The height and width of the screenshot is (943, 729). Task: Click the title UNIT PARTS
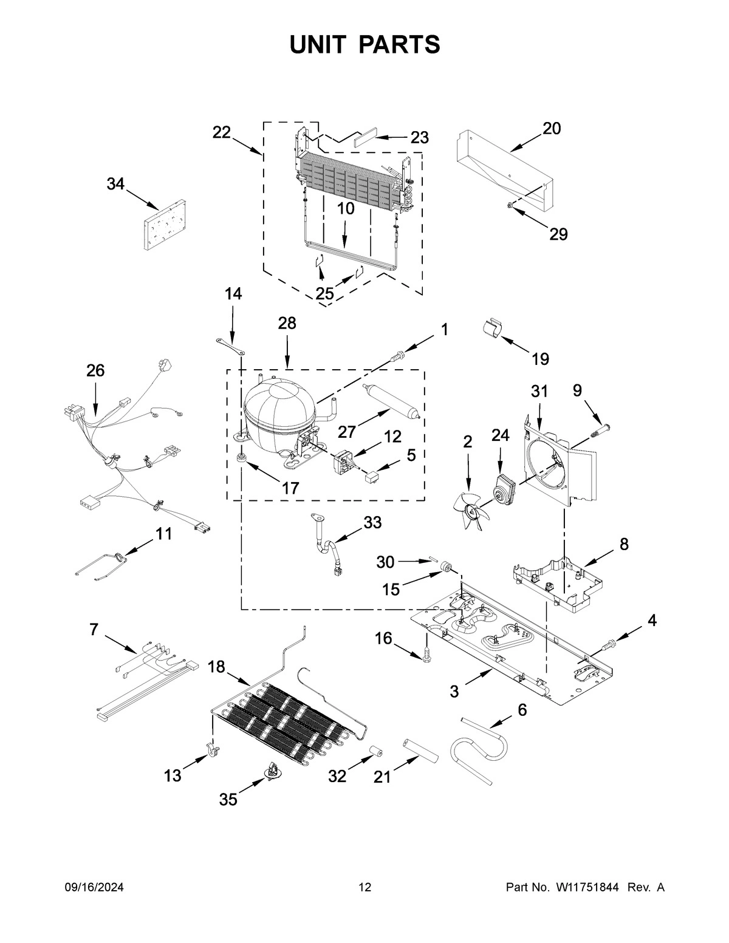(364, 45)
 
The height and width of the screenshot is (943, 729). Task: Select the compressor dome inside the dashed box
(278, 407)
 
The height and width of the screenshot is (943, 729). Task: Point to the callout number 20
(552, 129)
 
